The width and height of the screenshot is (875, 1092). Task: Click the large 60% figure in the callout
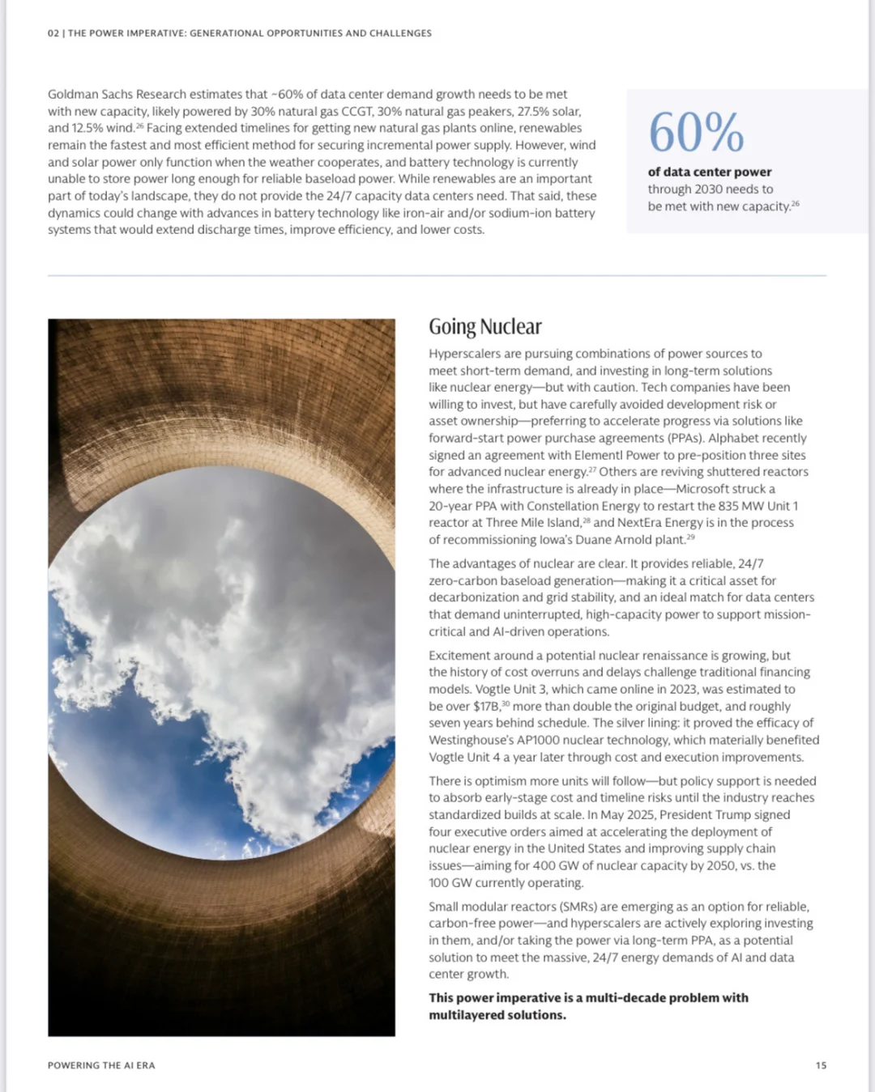click(696, 132)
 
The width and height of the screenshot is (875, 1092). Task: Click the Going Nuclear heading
click(484, 327)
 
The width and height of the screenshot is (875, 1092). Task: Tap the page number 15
click(821, 1065)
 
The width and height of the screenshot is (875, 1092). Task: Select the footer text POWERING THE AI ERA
click(101, 1065)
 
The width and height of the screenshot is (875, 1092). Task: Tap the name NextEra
click(639, 523)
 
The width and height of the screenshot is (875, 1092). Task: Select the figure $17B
click(486, 707)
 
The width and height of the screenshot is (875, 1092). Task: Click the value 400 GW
click(556, 865)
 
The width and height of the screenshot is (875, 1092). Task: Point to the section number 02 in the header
click(53, 33)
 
